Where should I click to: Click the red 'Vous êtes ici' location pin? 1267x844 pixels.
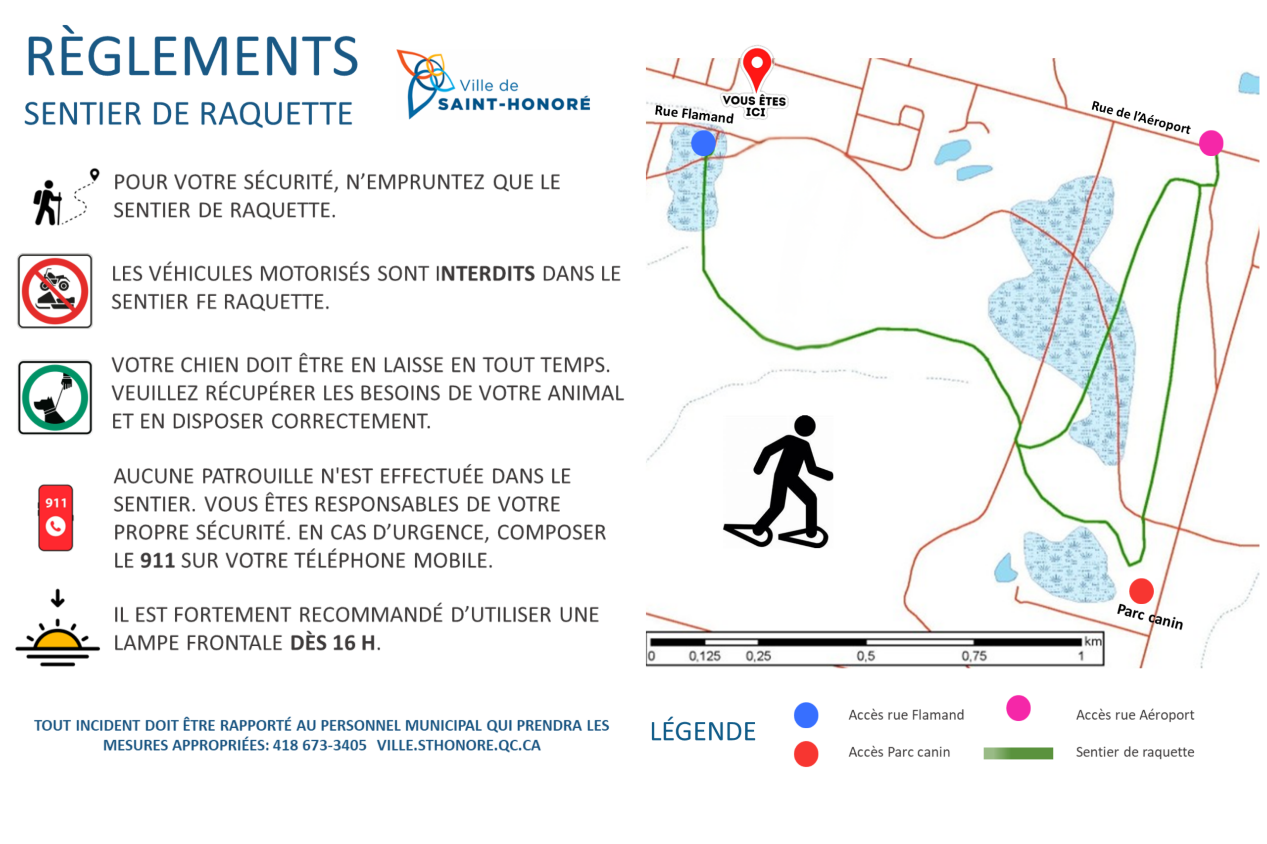[x=757, y=67]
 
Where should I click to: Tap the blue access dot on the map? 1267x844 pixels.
[x=703, y=143]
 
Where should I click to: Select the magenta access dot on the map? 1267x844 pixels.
[x=1211, y=143]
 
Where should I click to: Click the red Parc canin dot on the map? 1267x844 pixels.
[x=1141, y=591]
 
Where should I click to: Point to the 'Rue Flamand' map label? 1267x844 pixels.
[x=694, y=114]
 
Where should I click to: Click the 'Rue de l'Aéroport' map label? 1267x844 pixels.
[x=1140, y=117]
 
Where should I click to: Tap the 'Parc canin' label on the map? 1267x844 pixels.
[x=1150, y=617]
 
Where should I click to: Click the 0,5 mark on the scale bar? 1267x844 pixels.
[x=866, y=656]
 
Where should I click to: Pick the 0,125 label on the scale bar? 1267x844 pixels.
[x=704, y=656]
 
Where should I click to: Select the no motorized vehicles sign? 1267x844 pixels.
[x=55, y=291]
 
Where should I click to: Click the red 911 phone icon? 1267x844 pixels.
[x=55, y=517]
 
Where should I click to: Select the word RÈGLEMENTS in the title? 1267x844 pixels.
[x=192, y=56]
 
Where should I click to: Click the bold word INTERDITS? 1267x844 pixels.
[x=485, y=274]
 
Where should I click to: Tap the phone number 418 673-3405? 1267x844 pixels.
[x=319, y=746]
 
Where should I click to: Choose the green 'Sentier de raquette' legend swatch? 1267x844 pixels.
[x=1018, y=753]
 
